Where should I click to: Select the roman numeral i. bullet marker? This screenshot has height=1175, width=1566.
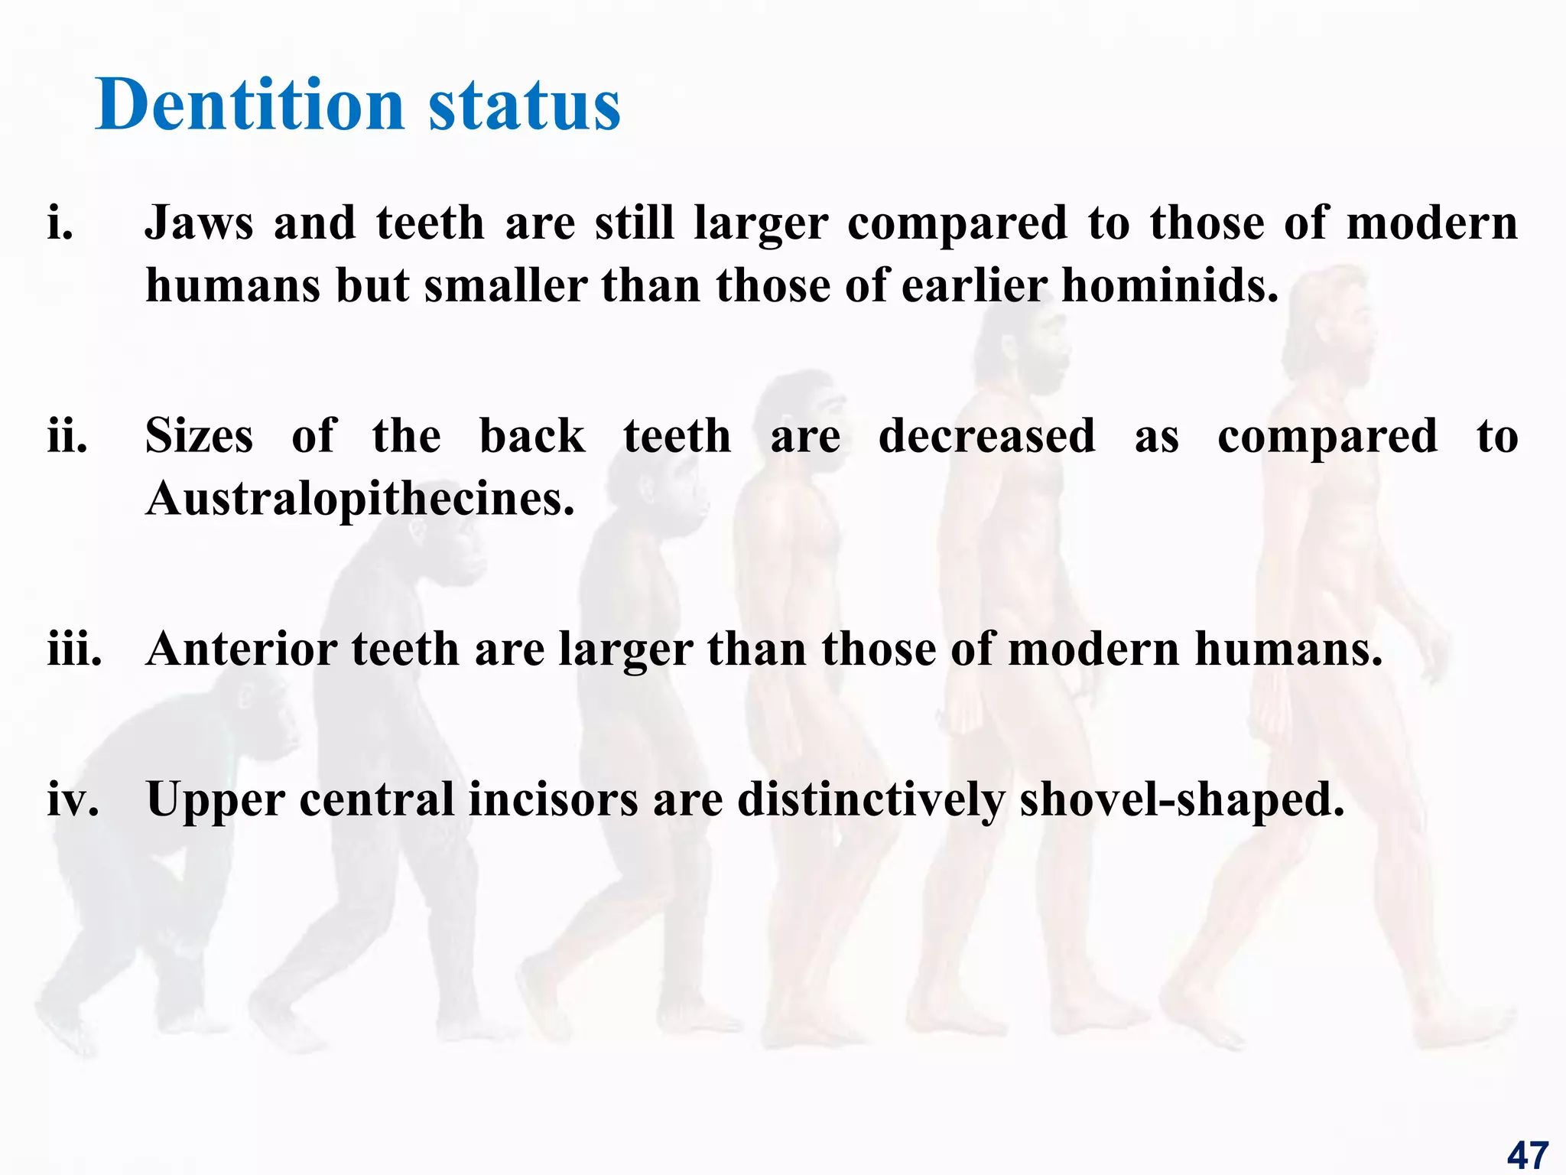pyautogui.click(x=60, y=223)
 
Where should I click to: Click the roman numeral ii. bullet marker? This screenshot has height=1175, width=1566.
pyautogui.click(x=67, y=437)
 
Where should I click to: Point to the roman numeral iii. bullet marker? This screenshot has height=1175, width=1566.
pyautogui.click(x=74, y=649)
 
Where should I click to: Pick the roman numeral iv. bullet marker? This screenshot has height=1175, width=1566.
pyautogui.click(x=73, y=799)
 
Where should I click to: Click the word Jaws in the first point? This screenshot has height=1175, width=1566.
pyautogui.click(x=199, y=223)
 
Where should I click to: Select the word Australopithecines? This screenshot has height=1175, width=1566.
pyautogui.click(x=359, y=500)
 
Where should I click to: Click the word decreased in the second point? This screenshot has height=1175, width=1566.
pyautogui.click(x=986, y=437)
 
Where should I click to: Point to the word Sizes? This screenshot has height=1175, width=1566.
pyautogui.click(x=199, y=437)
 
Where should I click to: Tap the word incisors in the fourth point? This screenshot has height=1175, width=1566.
pyautogui.click(x=553, y=799)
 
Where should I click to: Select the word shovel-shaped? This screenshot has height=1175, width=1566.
pyautogui.click(x=1181, y=799)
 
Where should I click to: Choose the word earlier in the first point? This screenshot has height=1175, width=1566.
pyautogui.click(x=974, y=286)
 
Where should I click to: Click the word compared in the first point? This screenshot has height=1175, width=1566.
pyautogui.click(x=957, y=223)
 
